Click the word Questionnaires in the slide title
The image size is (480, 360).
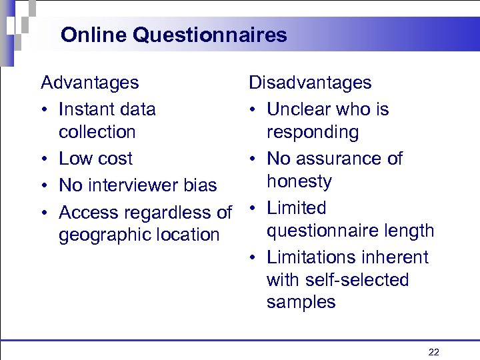click(210, 35)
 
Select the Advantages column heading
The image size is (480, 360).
click(90, 83)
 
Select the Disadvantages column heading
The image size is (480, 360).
click(310, 83)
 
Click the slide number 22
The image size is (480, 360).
click(433, 352)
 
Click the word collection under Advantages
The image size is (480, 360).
click(97, 132)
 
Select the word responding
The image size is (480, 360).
click(313, 133)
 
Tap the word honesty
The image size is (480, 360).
click(299, 181)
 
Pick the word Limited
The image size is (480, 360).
click(297, 208)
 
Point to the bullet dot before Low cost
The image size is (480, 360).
click(44, 159)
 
